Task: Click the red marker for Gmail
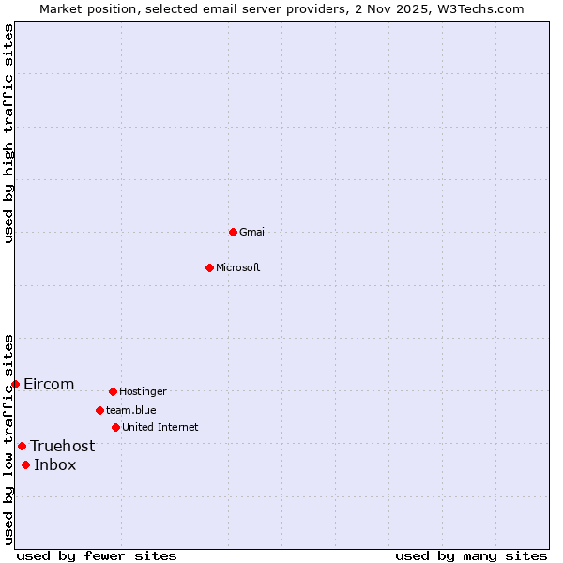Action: (233, 232)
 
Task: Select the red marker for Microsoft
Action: (209, 267)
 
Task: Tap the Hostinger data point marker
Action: (113, 391)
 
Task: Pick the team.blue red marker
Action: (99, 410)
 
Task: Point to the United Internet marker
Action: (115, 427)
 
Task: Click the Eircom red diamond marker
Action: (15, 384)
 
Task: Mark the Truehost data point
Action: (22, 446)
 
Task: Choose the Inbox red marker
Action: (25, 464)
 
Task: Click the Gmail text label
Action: (253, 232)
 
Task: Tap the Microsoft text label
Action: (238, 267)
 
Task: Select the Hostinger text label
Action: (143, 391)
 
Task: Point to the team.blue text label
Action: (131, 410)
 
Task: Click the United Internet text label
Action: (160, 427)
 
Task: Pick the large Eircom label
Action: (49, 384)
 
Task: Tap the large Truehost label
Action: (62, 446)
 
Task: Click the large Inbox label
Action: (55, 464)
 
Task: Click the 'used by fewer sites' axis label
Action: (97, 555)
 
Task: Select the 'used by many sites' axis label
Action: (471, 555)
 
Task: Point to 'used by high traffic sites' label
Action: (8, 134)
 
